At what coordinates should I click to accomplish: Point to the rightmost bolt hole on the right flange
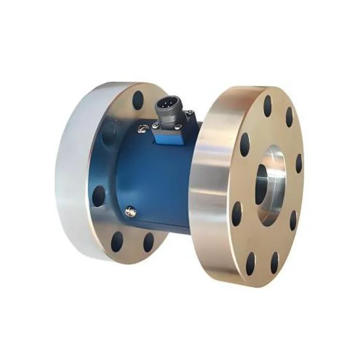(299, 164)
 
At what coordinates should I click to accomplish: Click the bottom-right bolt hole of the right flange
(274, 263)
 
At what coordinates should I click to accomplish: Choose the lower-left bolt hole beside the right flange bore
(237, 214)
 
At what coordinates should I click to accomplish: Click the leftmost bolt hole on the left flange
(99, 196)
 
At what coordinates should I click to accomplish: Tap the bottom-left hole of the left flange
(117, 242)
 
